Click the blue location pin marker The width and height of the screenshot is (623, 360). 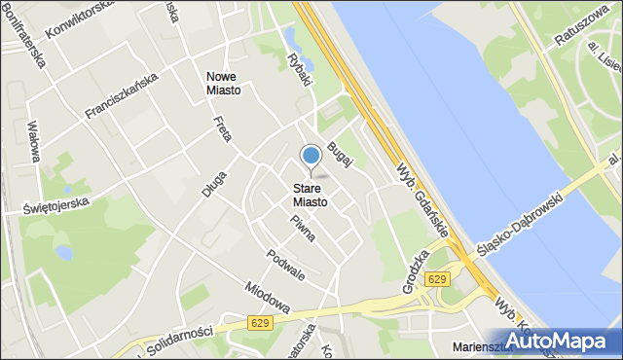tap(311, 157)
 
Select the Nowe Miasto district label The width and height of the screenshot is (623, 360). tap(225, 83)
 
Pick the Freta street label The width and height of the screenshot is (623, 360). tap(222, 128)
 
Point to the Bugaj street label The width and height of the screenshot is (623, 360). tap(338, 153)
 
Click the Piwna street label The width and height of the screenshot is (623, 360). tap(302, 229)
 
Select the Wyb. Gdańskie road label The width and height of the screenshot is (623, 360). tap(421, 198)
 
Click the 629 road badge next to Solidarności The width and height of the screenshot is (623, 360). tap(259, 322)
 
